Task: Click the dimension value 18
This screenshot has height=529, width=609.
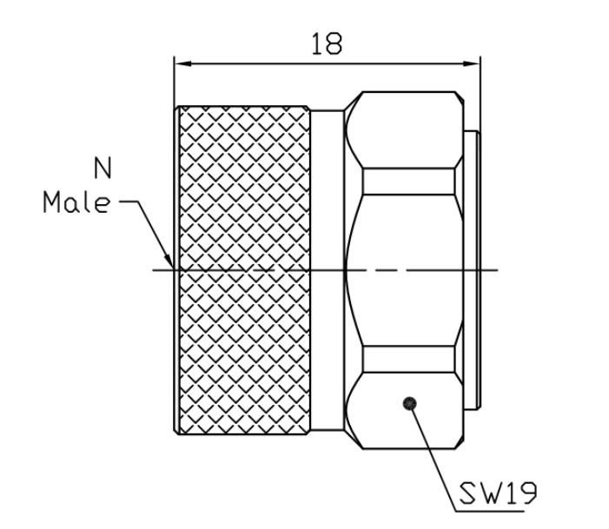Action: coord(327,43)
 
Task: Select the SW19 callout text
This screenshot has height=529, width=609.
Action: coord(499,493)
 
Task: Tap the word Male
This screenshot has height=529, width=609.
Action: coord(76,202)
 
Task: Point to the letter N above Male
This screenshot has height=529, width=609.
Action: coord(103,168)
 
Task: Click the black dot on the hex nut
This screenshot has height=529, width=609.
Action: coord(409,403)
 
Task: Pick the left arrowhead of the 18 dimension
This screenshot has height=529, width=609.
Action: coord(182,63)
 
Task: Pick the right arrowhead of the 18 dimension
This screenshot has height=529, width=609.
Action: coord(472,63)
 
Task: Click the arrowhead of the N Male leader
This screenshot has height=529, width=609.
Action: coord(169,261)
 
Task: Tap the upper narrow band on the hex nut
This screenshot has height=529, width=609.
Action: coord(408,182)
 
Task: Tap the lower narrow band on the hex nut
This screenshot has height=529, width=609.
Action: coord(408,360)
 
